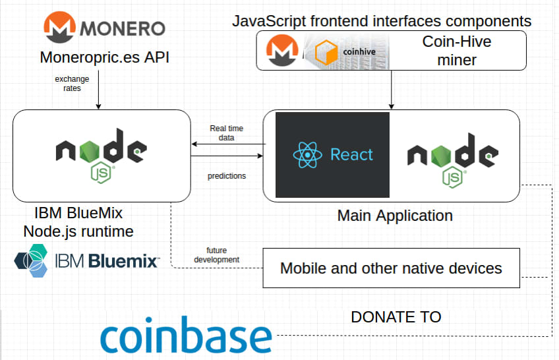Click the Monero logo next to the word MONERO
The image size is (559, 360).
(x=59, y=27)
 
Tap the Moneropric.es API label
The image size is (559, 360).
(x=104, y=57)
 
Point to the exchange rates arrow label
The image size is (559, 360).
(x=72, y=83)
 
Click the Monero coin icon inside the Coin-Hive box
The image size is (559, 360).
(x=282, y=50)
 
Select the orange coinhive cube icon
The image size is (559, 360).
(x=326, y=52)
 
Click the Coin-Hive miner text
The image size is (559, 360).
(x=457, y=51)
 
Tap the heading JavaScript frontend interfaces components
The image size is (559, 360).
(x=382, y=21)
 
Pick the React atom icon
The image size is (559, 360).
(x=308, y=155)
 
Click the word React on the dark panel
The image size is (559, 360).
(x=351, y=155)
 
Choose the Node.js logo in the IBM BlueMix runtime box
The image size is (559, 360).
(x=102, y=156)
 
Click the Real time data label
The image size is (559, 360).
(x=226, y=133)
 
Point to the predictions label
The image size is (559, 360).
(x=227, y=176)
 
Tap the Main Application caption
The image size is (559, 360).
(x=395, y=216)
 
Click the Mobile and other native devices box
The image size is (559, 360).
(x=391, y=268)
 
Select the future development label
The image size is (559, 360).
(x=216, y=255)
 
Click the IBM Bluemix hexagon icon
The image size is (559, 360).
(x=31, y=260)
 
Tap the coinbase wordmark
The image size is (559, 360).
(x=186, y=335)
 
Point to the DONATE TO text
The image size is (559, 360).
(x=396, y=317)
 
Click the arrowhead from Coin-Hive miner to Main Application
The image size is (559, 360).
(x=392, y=107)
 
